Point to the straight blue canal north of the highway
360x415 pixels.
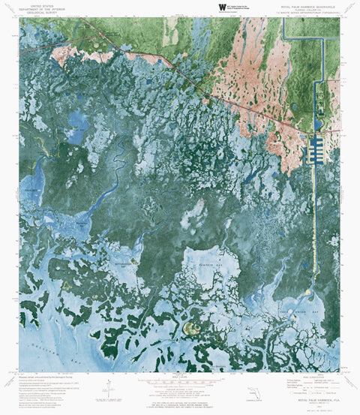(x=322, y=75)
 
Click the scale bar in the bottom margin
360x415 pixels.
(x=179, y=384)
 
